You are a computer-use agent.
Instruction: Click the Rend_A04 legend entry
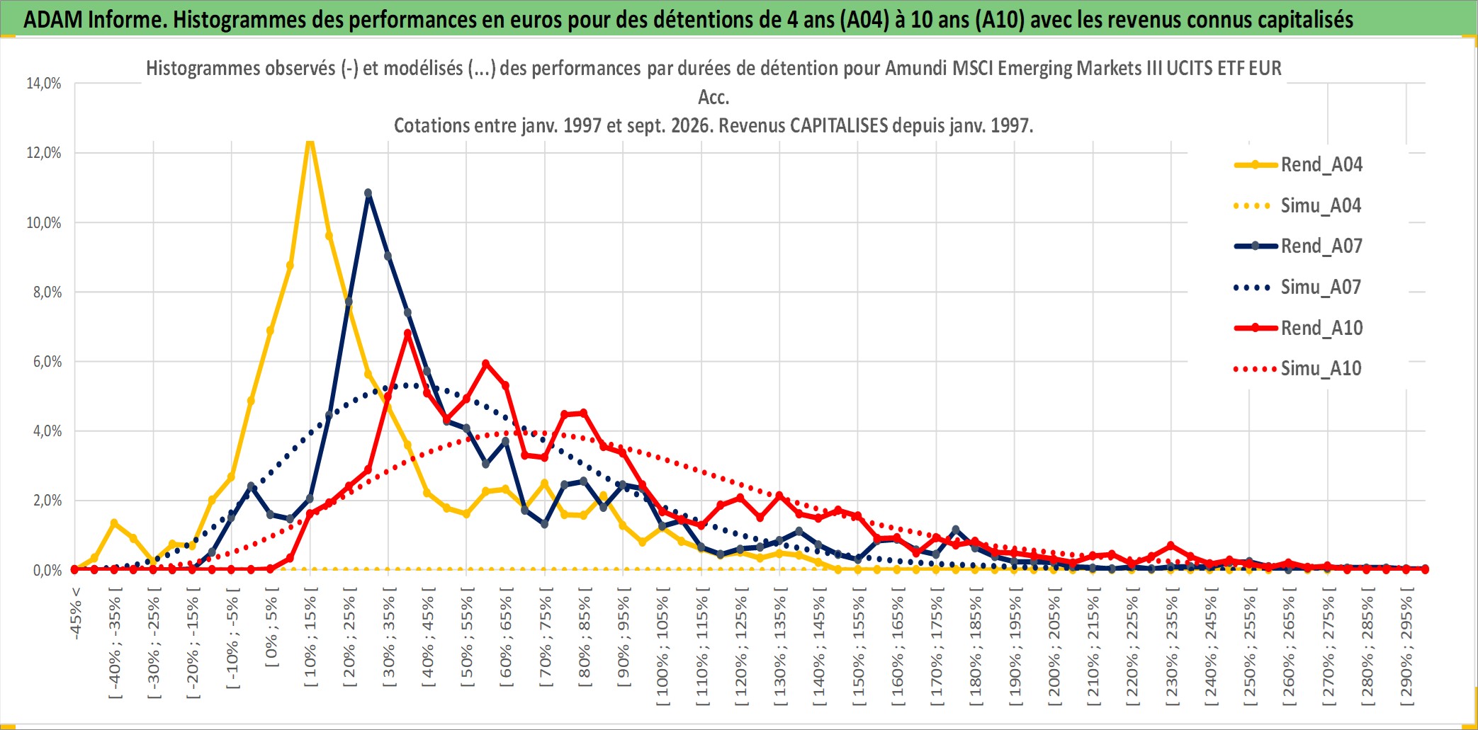click(x=1298, y=165)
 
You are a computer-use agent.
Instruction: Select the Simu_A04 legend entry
click(x=1298, y=206)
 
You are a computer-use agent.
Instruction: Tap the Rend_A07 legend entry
click(x=1298, y=246)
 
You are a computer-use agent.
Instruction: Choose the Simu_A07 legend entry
click(x=1298, y=287)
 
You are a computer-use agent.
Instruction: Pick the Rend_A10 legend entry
click(x=1298, y=329)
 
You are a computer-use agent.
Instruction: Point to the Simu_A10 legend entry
click(x=1298, y=369)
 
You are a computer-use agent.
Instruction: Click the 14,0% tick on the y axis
click(x=44, y=84)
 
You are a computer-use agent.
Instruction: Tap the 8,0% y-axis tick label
click(x=47, y=292)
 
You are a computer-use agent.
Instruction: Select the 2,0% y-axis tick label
click(x=47, y=501)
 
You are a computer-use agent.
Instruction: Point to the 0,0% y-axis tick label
click(x=47, y=570)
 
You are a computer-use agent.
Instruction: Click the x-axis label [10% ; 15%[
click(x=310, y=640)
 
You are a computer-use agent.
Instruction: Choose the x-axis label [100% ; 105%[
click(x=662, y=651)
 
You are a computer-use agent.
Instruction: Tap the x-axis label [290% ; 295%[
click(x=1406, y=651)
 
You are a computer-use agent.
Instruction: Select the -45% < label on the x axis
click(x=76, y=613)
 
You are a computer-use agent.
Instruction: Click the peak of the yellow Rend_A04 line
click(x=310, y=142)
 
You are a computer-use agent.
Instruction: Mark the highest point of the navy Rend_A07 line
click(x=368, y=193)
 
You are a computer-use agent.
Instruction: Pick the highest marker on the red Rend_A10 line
click(x=407, y=333)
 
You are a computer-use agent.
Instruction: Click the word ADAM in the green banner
click(x=53, y=20)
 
